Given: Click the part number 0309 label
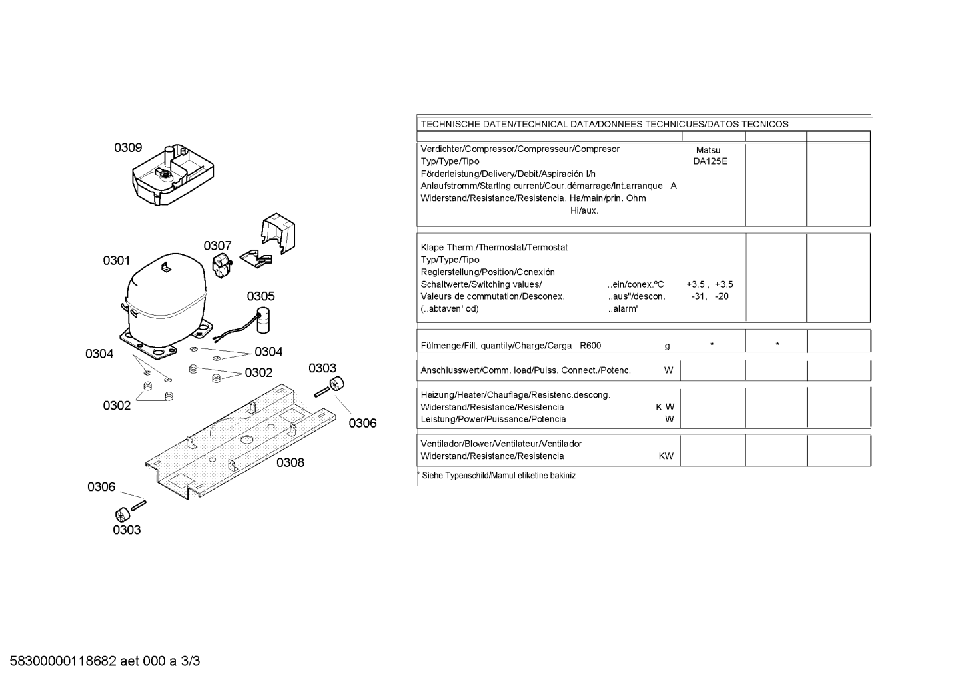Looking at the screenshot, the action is (128, 147).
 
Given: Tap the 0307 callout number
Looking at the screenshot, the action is (217, 246).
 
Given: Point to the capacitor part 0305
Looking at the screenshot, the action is (262, 320).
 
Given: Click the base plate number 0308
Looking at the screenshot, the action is (290, 462).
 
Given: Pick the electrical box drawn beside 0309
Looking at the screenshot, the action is (173, 174).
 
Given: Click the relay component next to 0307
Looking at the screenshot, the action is (222, 266).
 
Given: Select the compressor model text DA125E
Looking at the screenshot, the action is (710, 161).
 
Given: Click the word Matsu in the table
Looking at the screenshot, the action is (708, 150).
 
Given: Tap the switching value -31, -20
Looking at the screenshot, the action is (710, 296).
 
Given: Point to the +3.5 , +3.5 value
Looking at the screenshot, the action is (710, 284).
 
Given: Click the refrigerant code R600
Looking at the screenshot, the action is (590, 346).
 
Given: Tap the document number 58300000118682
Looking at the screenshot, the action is (63, 661).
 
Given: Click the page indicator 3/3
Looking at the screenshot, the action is (190, 661).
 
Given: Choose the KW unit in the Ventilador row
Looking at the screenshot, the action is (666, 456).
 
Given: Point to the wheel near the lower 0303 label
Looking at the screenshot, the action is (122, 515).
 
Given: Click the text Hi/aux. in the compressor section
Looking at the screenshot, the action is (584, 210).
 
